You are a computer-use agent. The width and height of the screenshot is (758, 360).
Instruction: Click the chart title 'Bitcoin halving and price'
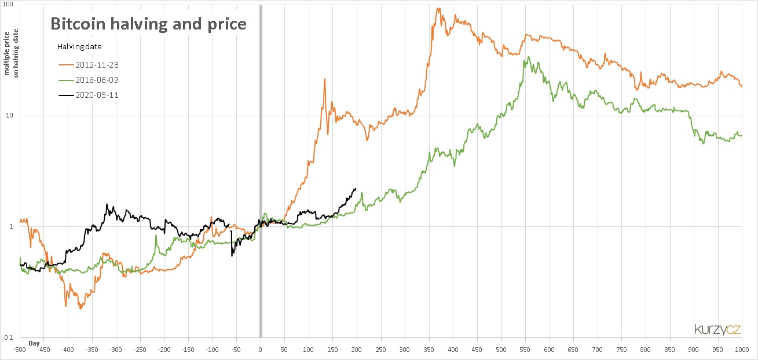(x=149, y=24)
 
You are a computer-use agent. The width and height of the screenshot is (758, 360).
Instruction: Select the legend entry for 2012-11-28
(x=97, y=65)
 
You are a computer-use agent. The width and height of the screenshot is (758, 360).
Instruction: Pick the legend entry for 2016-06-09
(x=97, y=80)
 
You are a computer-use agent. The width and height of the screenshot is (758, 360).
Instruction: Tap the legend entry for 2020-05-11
(x=97, y=95)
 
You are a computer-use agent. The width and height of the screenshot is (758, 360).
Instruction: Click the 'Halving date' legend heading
(x=79, y=46)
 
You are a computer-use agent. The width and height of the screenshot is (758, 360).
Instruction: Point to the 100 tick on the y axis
(x=10, y=5)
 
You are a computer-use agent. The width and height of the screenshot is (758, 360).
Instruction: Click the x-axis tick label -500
(x=20, y=350)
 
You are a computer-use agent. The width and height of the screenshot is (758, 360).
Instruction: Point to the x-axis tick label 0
(x=261, y=350)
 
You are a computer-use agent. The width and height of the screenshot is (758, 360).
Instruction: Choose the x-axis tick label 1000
(x=742, y=350)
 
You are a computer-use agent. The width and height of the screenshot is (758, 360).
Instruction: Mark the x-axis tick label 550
(x=525, y=350)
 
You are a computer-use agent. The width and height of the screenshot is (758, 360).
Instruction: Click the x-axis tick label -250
(x=140, y=350)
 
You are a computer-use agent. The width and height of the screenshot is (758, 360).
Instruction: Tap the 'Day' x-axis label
(x=34, y=343)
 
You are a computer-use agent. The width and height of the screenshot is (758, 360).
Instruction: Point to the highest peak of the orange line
(x=438, y=8)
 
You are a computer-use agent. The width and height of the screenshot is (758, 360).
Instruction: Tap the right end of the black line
(x=356, y=188)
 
